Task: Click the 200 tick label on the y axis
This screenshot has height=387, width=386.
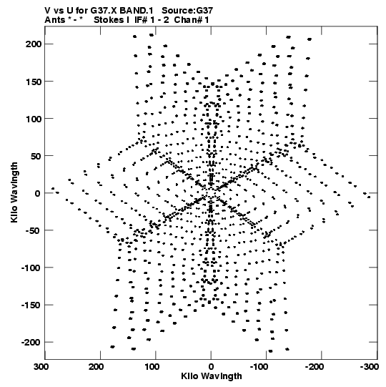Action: pos(34,44)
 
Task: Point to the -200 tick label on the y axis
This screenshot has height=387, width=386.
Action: pos(31,343)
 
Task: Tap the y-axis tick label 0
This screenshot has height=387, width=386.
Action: pos(37,193)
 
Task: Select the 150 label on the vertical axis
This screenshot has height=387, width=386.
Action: pos(34,82)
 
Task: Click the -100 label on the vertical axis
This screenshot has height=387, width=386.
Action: pos(31,268)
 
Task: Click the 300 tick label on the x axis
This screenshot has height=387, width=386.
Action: pos(41,367)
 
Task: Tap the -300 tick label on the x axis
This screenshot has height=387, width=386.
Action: pos(370,367)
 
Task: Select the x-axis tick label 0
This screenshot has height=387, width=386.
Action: pos(211,367)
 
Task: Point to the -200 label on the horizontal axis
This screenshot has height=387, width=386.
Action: pos(314,367)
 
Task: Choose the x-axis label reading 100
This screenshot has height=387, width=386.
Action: pos(152,367)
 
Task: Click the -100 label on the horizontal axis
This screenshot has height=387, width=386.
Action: pos(259,367)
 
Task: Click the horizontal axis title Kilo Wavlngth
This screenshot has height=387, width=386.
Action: pos(212,376)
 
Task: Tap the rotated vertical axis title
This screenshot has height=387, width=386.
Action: pos(14,192)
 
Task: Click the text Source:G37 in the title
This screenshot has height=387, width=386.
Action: pos(187,11)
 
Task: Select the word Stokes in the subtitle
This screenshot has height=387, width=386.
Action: pos(109,20)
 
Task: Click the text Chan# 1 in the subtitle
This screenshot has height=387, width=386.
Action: pos(192,20)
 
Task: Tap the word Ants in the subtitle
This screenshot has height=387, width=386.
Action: pos(54,20)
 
